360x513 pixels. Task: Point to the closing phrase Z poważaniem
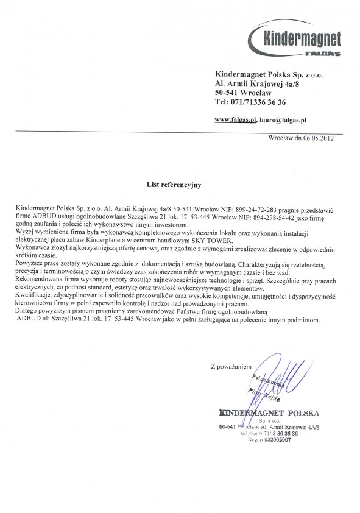[x=230, y=367]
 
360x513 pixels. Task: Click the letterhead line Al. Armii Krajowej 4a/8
[x=251, y=82]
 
